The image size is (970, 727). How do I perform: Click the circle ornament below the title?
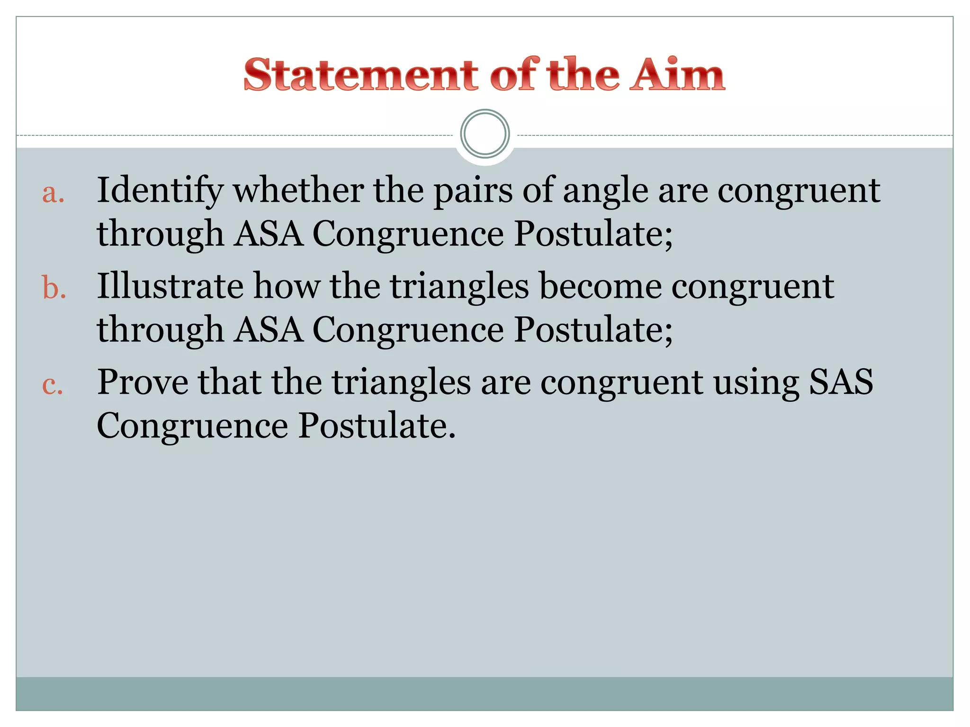pos(485,134)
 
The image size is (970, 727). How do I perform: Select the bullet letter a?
pos(53,193)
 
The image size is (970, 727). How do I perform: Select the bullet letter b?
pos(54,288)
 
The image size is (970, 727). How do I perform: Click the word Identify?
pos(160,191)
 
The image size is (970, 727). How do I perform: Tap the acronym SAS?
pos(841,382)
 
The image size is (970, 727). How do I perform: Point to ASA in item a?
pos(269,234)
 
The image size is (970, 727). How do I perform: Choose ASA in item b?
pos(269,329)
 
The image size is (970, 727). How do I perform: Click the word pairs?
pos(473,191)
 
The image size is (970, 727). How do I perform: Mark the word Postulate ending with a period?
pos(377,426)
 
